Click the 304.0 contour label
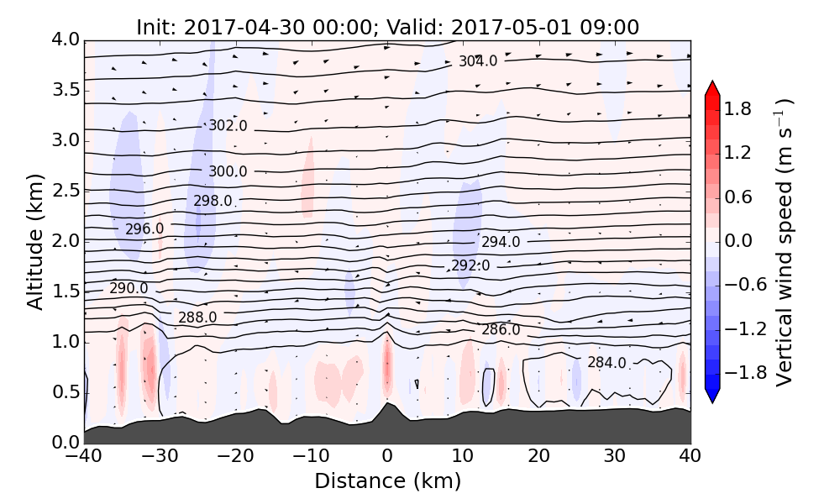[478, 61]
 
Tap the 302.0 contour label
[228, 126]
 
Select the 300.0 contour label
[228, 171]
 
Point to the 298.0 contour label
[213, 201]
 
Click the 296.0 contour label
[144, 228]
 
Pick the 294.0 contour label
[501, 242]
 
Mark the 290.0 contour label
[129, 288]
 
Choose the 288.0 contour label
[197, 318]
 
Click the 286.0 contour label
[501, 329]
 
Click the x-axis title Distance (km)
[387, 481]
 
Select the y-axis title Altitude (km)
[34, 241]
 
